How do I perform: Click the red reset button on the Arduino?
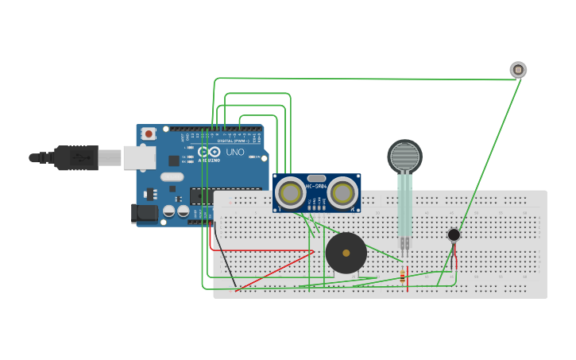tap(148, 135)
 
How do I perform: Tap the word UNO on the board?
tap(235, 152)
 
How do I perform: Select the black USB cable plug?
tap(75, 158)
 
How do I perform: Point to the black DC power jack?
tap(145, 213)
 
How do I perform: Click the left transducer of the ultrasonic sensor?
tap(291, 193)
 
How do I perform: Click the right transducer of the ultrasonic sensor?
tap(342, 193)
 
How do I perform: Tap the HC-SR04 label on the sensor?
tap(316, 187)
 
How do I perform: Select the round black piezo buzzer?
tap(346, 254)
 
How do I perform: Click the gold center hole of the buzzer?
tap(346, 254)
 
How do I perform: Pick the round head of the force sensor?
tap(405, 156)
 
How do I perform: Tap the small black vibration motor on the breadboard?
tap(454, 234)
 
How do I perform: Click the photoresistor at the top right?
tap(518, 70)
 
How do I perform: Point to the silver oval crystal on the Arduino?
tap(171, 176)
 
